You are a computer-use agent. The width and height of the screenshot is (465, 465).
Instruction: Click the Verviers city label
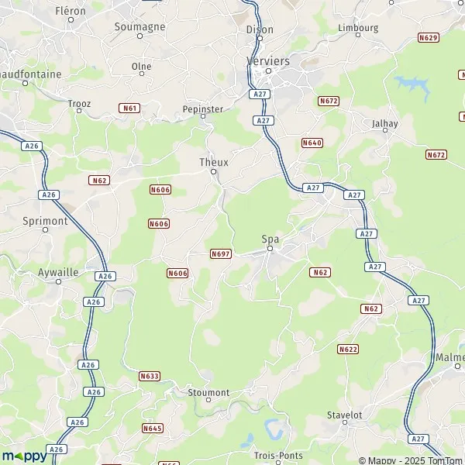[x=267, y=60]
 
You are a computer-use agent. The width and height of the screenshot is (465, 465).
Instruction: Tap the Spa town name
[x=270, y=239]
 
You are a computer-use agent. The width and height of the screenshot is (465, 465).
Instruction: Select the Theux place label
[x=213, y=162]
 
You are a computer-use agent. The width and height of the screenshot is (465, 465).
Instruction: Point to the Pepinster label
[x=202, y=108]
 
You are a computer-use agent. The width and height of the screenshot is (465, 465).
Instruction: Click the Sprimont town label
[x=46, y=220]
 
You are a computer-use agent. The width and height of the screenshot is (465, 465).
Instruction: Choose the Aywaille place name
[x=59, y=273]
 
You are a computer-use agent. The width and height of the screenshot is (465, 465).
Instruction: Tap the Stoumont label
[x=208, y=393]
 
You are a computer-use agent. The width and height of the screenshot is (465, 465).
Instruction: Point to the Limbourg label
[x=358, y=27]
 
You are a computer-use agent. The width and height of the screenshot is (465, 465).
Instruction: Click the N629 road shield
[x=428, y=37]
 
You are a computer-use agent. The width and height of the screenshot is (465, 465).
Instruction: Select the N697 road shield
[x=220, y=253]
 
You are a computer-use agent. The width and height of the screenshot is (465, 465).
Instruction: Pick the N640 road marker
[x=312, y=143]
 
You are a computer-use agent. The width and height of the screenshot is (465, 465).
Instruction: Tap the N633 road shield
[x=150, y=376]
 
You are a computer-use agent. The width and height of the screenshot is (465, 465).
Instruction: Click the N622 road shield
[x=348, y=350]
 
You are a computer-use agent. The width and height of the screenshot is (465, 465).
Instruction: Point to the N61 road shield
[x=130, y=108]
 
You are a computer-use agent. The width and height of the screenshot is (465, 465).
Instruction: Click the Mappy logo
[x=24, y=456]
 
